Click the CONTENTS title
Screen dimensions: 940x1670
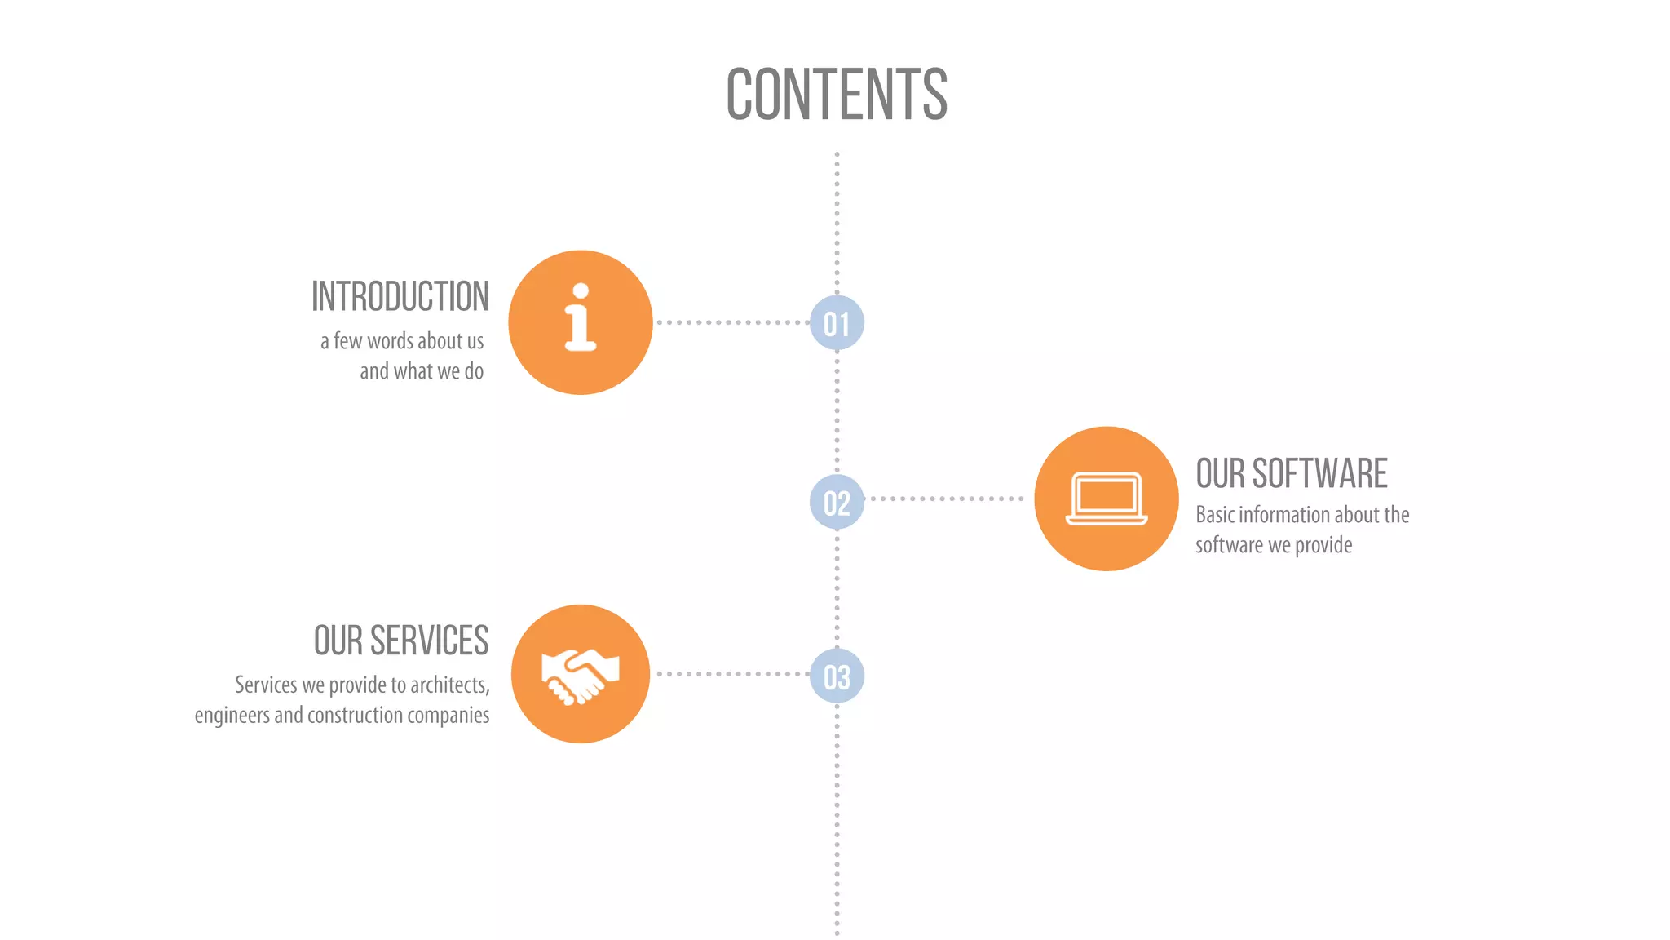tap(837, 95)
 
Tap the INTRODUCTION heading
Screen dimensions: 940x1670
tap(400, 296)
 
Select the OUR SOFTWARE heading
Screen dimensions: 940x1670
tap(1292, 474)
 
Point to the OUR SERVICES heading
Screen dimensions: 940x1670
tap(401, 641)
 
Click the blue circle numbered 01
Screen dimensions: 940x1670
tap(837, 323)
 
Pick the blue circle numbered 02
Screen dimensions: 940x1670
tap(837, 502)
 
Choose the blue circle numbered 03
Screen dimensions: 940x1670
tap(837, 676)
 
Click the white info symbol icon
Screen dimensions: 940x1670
tap(581, 318)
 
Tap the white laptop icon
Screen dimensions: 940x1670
tap(1107, 499)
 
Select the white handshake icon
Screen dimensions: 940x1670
tap(580, 675)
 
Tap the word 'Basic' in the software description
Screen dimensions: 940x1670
tap(1215, 515)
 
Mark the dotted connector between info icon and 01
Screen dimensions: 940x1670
tap(731, 322)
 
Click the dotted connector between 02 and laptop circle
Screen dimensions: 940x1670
tap(946, 499)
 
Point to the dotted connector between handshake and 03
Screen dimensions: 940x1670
tap(731, 674)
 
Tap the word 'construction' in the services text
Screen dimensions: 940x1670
tap(356, 716)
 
